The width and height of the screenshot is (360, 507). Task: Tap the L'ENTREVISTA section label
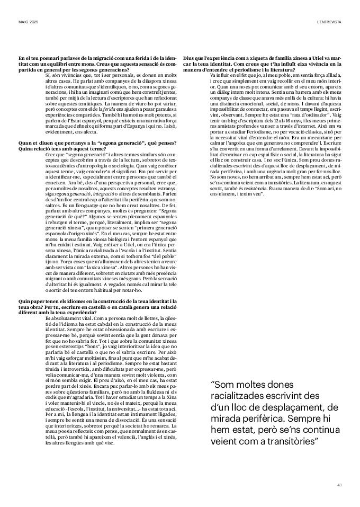329,22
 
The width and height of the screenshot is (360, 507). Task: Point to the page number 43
339,485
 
